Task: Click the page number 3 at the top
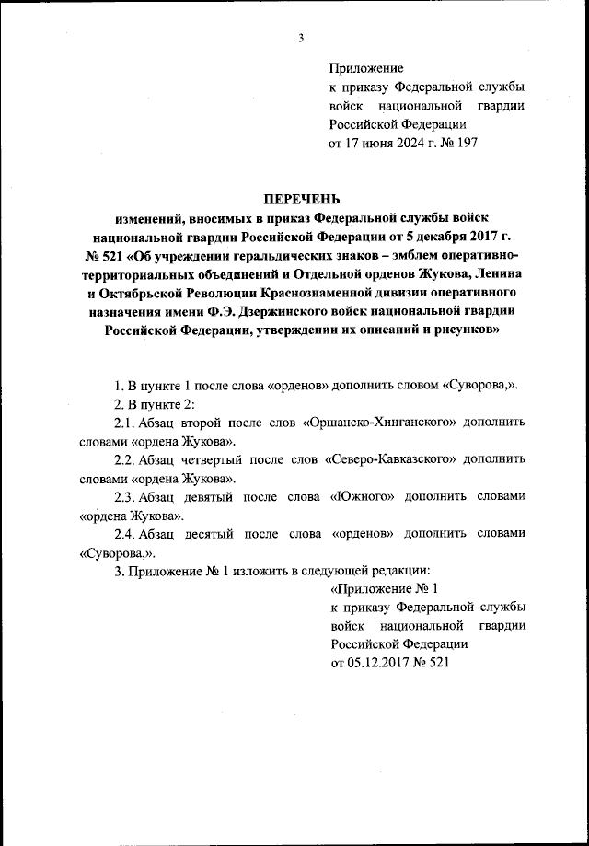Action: point(301,37)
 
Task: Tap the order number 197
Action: point(467,143)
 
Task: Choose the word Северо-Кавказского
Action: point(388,459)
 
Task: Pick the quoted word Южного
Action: point(365,497)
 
